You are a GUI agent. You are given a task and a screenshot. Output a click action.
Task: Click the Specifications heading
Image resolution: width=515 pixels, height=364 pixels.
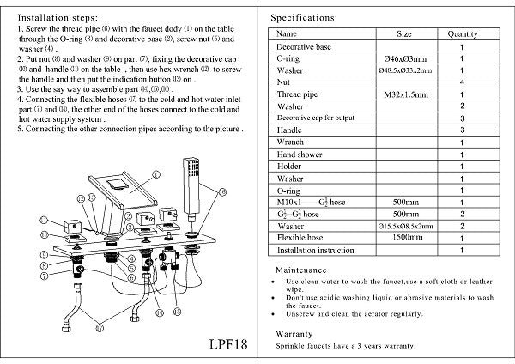coord(303,17)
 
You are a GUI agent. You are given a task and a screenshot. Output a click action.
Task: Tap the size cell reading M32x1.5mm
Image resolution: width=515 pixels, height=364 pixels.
coord(403,94)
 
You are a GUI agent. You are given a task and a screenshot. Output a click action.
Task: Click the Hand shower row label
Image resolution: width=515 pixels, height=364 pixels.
coord(300,154)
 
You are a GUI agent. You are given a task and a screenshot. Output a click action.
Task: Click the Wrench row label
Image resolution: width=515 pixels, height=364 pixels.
coord(291,142)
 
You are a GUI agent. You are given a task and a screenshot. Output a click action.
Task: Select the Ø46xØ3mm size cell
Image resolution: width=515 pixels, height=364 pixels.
coord(403,58)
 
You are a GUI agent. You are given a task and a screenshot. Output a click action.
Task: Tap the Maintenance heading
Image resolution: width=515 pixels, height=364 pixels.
coord(300,270)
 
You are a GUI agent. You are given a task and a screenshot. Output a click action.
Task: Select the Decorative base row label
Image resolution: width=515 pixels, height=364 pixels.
coord(305,46)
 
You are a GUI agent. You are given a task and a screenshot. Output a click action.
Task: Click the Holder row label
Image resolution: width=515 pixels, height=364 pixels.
coord(289,166)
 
